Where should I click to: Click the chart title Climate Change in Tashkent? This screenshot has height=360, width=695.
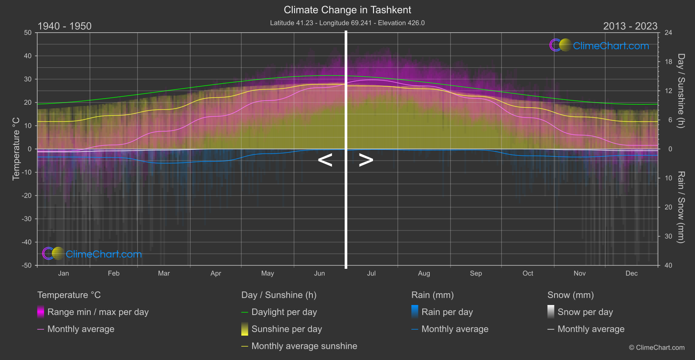click(x=347, y=10)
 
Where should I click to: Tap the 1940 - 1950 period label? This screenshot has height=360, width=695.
click(x=65, y=26)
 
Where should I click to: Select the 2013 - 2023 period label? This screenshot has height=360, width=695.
click(x=630, y=26)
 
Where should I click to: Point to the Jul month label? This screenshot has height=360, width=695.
click(x=371, y=274)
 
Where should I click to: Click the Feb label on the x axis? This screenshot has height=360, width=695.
click(x=113, y=274)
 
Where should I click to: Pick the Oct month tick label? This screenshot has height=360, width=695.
click(x=527, y=274)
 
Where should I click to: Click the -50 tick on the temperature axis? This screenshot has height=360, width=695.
click(x=27, y=265)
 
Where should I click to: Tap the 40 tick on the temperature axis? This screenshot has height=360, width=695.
click(x=27, y=56)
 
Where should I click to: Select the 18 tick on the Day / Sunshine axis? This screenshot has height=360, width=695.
click(x=668, y=62)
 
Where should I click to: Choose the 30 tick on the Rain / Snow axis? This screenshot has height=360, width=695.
click(x=668, y=237)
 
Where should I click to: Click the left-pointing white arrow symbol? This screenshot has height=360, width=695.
click(x=325, y=160)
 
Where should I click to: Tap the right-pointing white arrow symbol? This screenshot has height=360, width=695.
click(x=366, y=160)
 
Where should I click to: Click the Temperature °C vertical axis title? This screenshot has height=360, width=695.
click(x=16, y=148)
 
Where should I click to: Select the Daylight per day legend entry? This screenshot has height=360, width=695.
click(x=284, y=312)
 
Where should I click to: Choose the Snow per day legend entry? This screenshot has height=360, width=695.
click(x=585, y=312)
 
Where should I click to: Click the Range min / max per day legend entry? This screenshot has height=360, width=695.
click(x=98, y=312)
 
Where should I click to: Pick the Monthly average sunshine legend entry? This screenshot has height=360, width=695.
click(x=304, y=346)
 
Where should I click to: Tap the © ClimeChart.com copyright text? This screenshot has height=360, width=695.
click(x=657, y=348)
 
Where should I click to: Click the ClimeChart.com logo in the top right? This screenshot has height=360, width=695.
click(x=599, y=45)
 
